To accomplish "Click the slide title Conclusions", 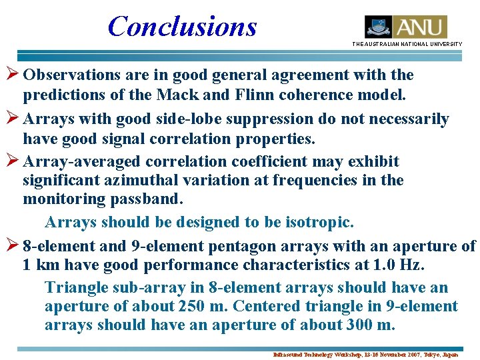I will point(182,26).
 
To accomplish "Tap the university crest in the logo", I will point(378,27).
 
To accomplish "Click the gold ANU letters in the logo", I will point(420,27).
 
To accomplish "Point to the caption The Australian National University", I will point(407,44).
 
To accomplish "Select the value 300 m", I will point(371,325).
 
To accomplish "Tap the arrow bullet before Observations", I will point(11,75).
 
